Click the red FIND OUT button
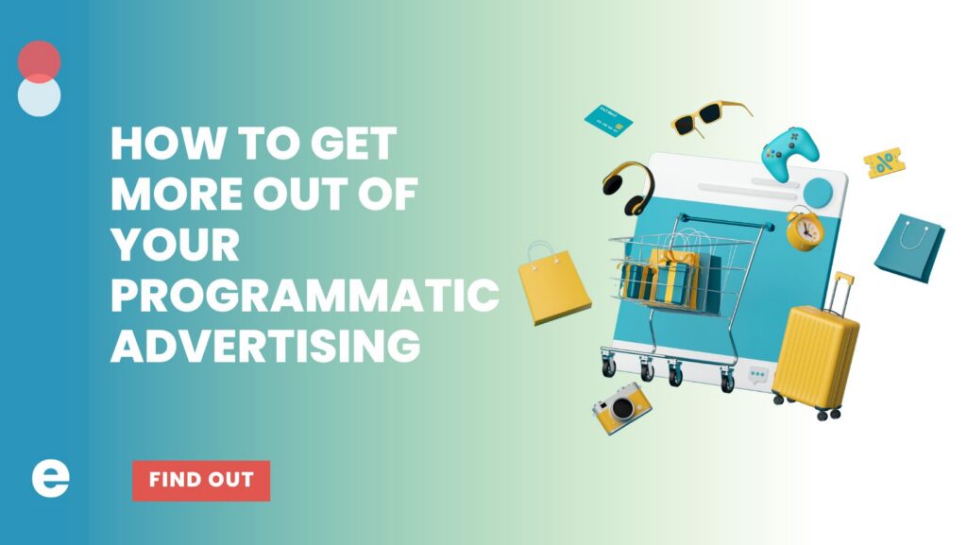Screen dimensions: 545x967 pos(200,480)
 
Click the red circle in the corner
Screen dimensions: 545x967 pos(39,60)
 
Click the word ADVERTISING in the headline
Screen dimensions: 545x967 pos(265,346)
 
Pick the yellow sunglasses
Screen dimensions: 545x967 pos(709,118)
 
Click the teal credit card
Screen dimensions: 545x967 pos(608,119)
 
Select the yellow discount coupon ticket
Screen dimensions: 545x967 pos(884,163)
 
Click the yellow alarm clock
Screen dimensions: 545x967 pos(805,229)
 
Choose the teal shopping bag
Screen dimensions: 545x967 pos(908,247)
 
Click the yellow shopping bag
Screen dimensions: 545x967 pos(553,285)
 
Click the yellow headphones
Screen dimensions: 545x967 pos(629,188)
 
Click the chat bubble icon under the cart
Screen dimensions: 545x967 pos(757,376)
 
